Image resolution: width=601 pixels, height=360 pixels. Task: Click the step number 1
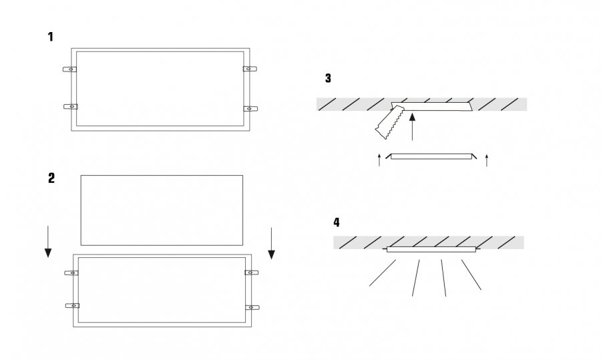pyautogui.click(x=50, y=37)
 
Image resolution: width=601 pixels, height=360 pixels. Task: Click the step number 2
pyautogui.click(x=51, y=178)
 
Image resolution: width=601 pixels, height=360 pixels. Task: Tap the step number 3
pyautogui.click(x=328, y=78)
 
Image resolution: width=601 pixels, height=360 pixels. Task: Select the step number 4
pyautogui.click(x=336, y=222)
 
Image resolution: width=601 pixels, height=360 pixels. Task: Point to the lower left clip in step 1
pyautogui.click(x=70, y=106)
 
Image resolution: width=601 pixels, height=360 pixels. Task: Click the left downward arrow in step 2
pyautogui.click(x=48, y=242)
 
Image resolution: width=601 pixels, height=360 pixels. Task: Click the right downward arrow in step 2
pyautogui.click(x=271, y=242)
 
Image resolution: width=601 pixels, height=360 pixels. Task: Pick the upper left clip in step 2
pyautogui.click(x=71, y=273)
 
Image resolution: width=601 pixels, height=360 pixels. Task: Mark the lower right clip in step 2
pyautogui.click(x=251, y=307)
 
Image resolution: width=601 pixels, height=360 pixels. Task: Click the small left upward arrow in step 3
pyautogui.click(x=379, y=159)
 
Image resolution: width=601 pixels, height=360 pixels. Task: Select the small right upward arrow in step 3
pyautogui.click(x=486, y=159)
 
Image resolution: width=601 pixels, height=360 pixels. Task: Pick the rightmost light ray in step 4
pyautogui.click(x=471, y=275)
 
